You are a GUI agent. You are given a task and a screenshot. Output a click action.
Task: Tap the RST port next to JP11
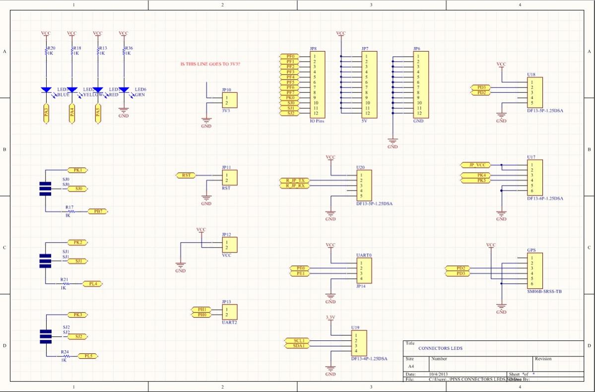[x=186, y=175]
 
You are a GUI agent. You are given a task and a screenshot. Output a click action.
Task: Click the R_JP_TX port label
[x=295, y=180]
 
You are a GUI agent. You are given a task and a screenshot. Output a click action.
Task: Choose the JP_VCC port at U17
[x=475, y=165]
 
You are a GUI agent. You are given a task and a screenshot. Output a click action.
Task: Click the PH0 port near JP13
[x=202, y=315]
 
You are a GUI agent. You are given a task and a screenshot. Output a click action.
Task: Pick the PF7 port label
[x=290, y=93]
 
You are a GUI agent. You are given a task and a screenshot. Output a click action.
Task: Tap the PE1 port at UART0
[x=300, y=273]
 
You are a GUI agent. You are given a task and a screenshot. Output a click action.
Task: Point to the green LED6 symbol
[x=124, y=90]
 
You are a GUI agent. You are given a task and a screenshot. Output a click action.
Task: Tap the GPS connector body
[x=534, y=270]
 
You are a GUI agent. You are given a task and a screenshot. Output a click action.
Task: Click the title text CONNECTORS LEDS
[x=440, y=348]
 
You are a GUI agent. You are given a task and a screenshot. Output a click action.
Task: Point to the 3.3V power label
[x=330, y=317]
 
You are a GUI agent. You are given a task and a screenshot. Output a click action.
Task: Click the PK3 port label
[x=77, y=315]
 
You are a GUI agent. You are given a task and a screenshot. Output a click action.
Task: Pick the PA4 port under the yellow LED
[x=72, y=112]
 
